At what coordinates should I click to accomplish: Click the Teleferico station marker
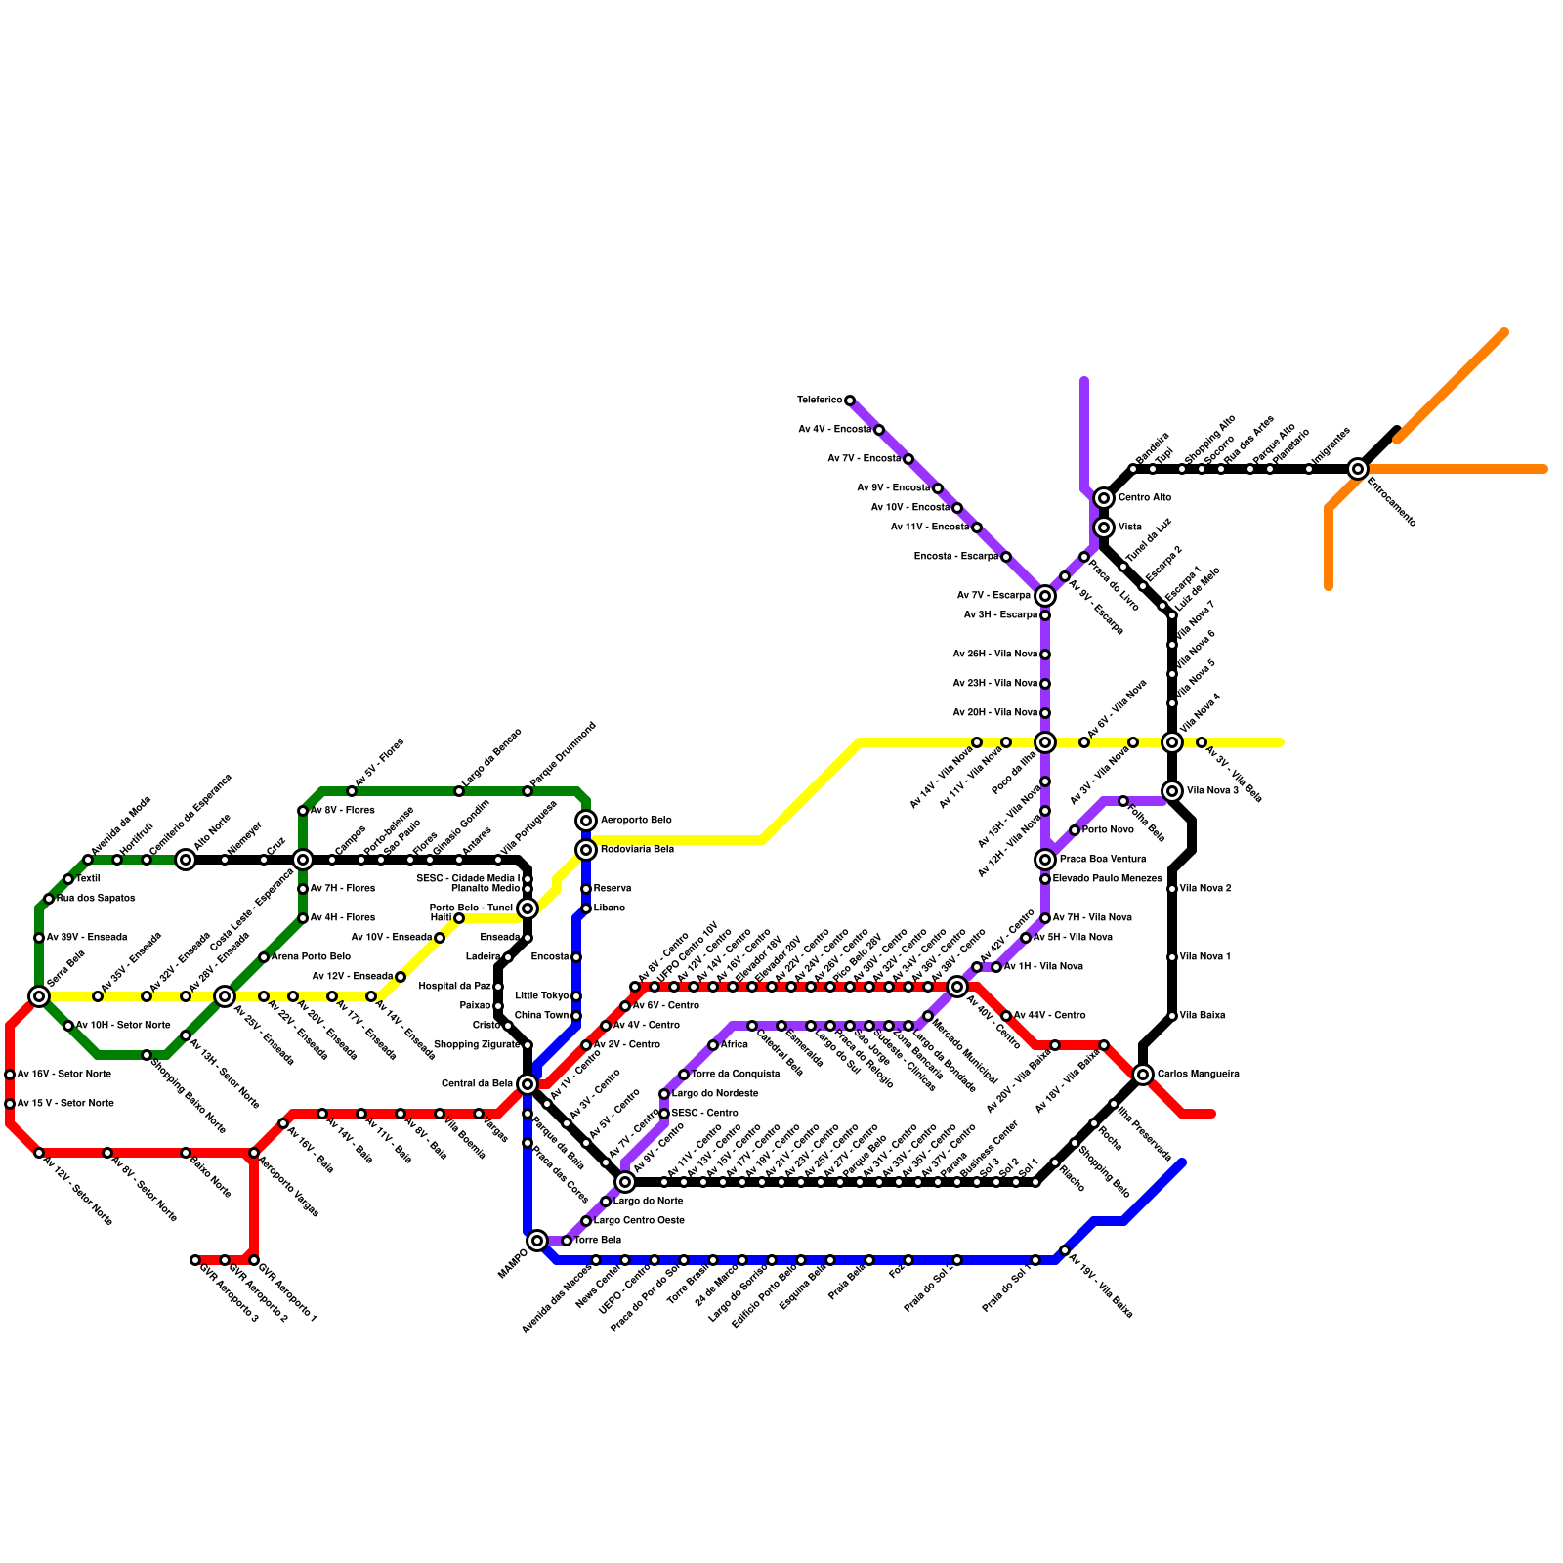pos(850,401)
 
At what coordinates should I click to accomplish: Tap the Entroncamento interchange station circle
pos(1358,469)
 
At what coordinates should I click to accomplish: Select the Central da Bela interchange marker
pos(528,1084)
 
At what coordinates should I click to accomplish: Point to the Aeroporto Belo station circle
pos(586,821)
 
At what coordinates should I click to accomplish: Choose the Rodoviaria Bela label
pos(637,850)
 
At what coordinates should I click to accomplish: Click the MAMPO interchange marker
pos(537,1241)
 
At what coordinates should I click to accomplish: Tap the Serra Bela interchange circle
pos(39,996)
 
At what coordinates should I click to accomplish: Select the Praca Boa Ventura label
pos(1103,860)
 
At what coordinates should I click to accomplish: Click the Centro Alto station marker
pos(1104,498)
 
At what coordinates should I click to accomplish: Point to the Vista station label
pos(1130,528)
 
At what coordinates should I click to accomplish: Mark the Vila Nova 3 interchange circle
pos(1172,791)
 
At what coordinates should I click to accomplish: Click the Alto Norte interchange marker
pos(186,860)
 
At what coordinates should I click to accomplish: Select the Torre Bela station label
pos(597,1241)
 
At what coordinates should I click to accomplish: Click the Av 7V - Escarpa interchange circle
pos(1045,596)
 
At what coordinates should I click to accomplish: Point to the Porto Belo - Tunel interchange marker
pos(528,908)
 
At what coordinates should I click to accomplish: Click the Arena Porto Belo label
pos(311,957)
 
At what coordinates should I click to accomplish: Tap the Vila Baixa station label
pos(1201,1016)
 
